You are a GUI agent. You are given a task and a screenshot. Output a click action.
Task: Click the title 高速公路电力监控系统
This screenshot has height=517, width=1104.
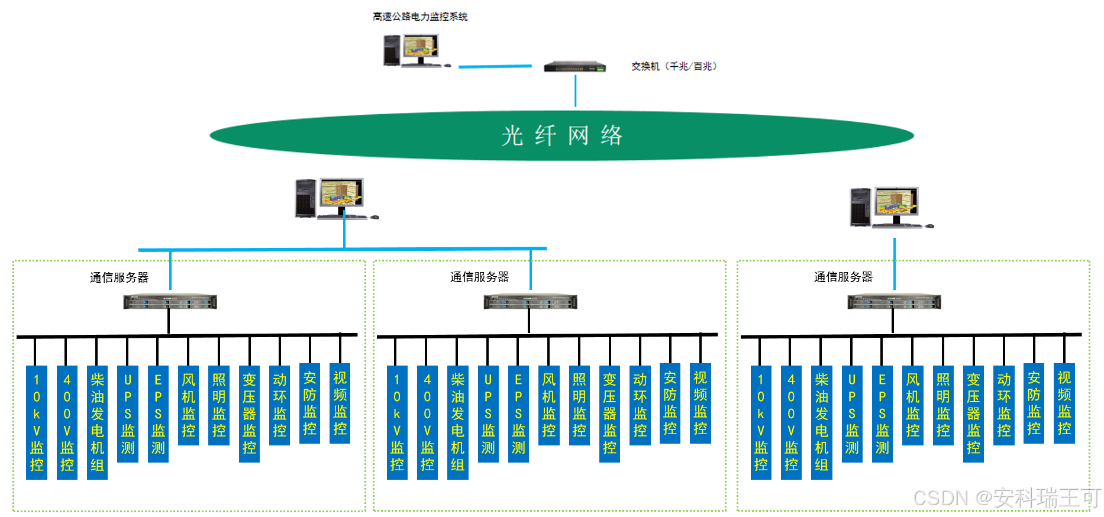[x=419, y=17]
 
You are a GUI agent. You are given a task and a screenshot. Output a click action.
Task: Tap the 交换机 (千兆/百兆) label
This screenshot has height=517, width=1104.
[x=674, y=66]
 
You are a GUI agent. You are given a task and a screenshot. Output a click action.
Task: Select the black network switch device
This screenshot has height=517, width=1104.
[x=575, y=66]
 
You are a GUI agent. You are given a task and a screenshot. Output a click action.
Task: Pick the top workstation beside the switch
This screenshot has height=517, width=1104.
[x=414, y=50]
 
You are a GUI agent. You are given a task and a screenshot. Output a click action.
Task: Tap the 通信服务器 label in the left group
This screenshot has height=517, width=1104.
[x=119, y=277]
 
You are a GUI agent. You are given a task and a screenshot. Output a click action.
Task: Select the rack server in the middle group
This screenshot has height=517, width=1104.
[x=530, y=302]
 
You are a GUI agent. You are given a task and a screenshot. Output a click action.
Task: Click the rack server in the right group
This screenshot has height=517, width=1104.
[x=894, y=302]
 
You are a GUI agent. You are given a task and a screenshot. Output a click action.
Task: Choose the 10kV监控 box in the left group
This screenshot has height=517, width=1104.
[x=37, y=422]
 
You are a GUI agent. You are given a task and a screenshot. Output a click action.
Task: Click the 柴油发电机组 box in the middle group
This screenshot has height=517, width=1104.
[x=458, y=422]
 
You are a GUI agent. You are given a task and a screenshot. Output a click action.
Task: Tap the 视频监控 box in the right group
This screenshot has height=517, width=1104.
[x=1064, y=403]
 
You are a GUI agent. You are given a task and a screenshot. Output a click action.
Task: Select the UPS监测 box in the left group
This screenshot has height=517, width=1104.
[x=128, y=413]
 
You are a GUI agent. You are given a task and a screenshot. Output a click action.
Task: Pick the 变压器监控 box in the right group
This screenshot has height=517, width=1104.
[x=973, y=413]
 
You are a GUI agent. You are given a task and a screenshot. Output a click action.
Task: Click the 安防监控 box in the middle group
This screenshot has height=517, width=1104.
[x=670, y=403]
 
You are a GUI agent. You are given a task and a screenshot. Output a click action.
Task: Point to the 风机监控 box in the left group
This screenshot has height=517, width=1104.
[x=189, y=405]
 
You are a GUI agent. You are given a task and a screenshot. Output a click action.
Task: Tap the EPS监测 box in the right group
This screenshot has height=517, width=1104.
[x=882, y=413]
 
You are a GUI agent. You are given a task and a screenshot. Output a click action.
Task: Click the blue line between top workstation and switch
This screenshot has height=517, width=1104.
[x=495, y=66]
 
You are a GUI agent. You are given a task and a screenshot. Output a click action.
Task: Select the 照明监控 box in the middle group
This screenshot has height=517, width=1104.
[x=579, y=405]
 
